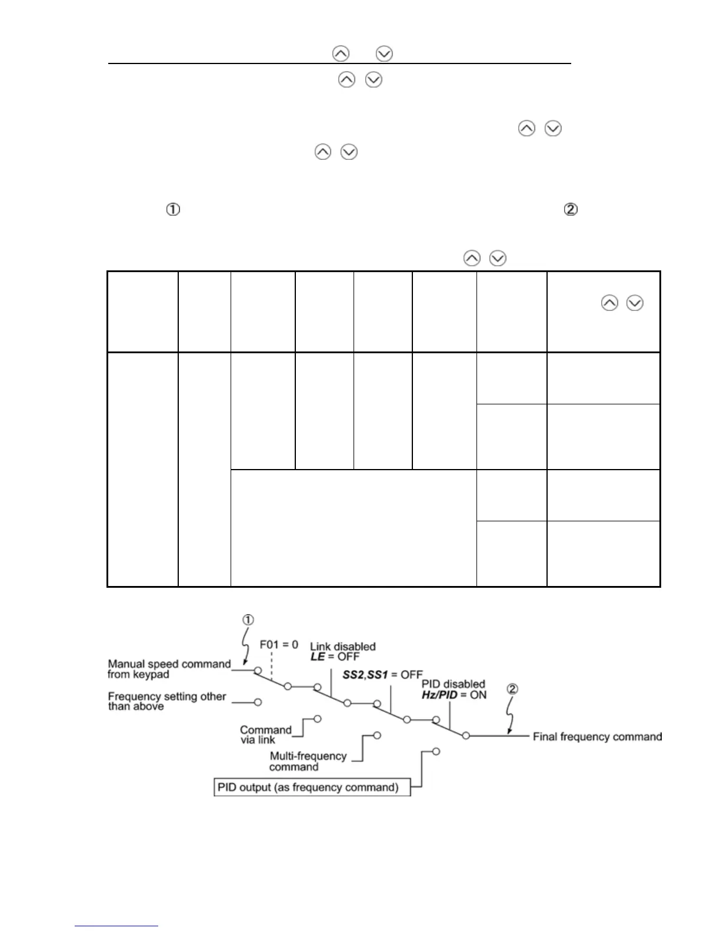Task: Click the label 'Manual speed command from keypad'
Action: pyautogui.click(x=169, y=669)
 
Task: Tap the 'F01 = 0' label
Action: pyautogui.click(x=279, y=645)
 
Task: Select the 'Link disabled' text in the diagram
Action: pyautogui.click(x=343, y=647)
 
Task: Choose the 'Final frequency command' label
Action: pyautogui.click(x=596, y=736)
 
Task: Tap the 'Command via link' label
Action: pyautogui.click(x=266, y=735)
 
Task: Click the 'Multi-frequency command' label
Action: pyautogui.click(x=308, y=761)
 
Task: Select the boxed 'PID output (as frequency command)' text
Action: pyautogui.click(x=312, y=787)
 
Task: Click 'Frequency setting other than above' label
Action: pyautogui.click(x=166, y=701)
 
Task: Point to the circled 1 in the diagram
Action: pyautogui.click(x=248, y=619)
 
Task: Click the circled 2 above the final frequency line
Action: pyautogui.click(x=512, y=689)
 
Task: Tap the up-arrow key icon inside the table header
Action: pyautogui.click(x=609, y=303)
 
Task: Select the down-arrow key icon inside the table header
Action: pyautogui.click(x=635, y=303)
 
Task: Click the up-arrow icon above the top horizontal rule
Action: pyautogui.click(x=341, y=54)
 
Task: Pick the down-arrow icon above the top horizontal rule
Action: pyautogui.click(x=384, y=54)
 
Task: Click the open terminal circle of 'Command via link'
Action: pyautogui.click(x=318, y=718)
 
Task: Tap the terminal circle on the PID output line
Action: pyautogui.click(x=436, y=751)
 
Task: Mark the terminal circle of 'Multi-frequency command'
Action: pyautogui.click(x=376, y=735)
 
